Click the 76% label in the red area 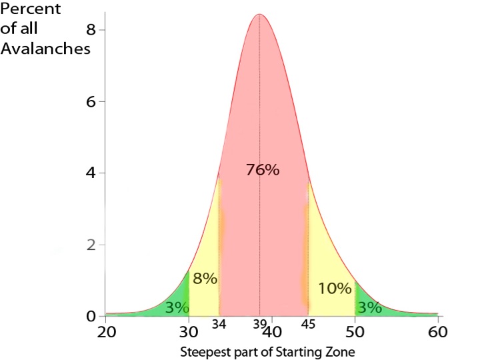click(262, 170)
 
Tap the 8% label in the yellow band click(205, 279)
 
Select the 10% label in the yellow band click(334, 289)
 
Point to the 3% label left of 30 click(177, 307)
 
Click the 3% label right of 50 click(369, 307)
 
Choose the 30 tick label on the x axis click(189, 331)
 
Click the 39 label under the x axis click(259, 326)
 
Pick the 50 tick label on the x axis click(355, 331)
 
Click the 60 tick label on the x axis click(437, 331)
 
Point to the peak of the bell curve click(259, 15)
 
